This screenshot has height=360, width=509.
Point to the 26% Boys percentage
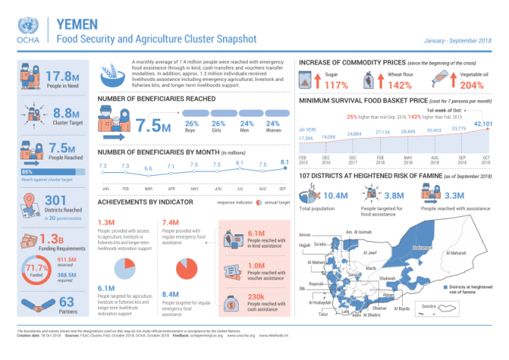click(191, 123)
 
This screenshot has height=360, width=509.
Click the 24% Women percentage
click(272, 123)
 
